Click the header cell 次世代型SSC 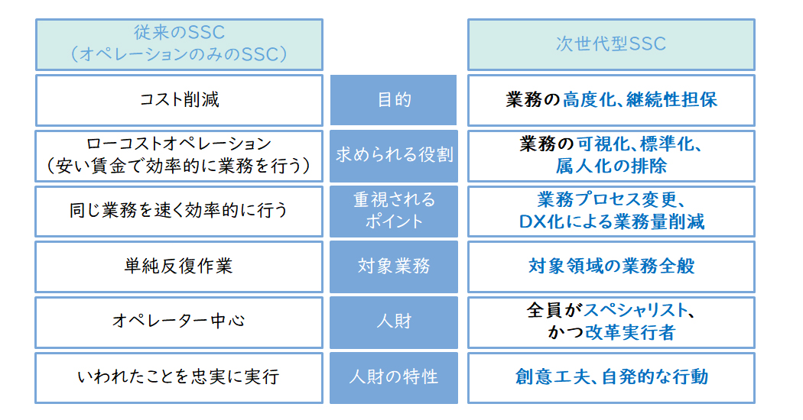611,44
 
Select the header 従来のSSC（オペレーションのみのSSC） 179,44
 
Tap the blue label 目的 393,100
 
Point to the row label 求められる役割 393,156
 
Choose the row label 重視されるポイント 393,211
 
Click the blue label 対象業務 393,267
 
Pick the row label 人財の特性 393,377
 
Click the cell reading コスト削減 179,100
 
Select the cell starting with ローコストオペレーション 179,156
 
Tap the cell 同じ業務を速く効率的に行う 179,211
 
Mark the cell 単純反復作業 179,267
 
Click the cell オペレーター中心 179,322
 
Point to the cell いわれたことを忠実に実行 179,377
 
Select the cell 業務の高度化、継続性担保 611,100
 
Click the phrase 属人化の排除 612,166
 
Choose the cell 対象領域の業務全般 611,267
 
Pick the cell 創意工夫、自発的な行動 611,377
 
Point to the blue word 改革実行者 630,333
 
